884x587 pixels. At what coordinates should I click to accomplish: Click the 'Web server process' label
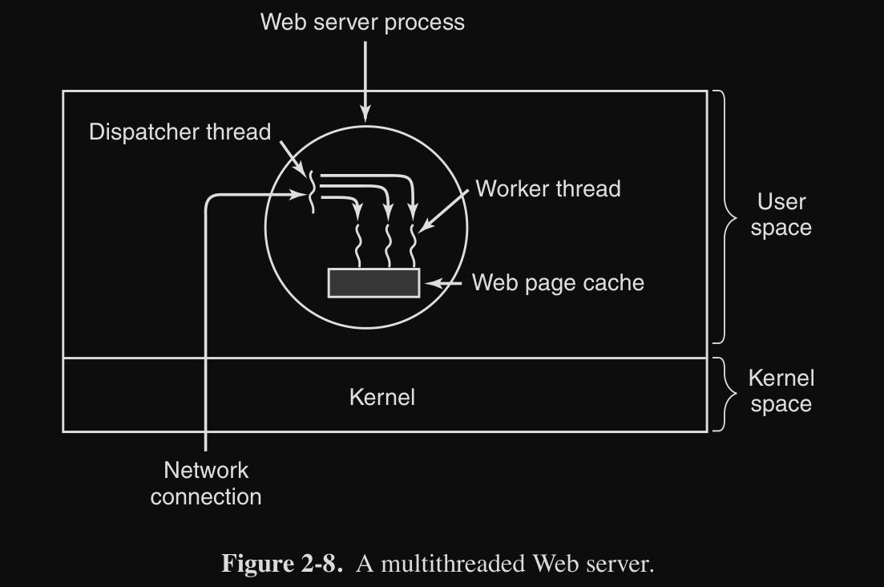point(362,22)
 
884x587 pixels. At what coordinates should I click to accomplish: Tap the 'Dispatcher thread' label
point(180,132)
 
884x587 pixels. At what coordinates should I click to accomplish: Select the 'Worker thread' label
point(548,189)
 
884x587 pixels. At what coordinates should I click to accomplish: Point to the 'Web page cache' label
point(558,282)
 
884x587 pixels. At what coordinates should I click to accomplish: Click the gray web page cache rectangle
point(373,283)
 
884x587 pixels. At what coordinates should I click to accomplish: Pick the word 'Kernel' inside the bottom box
point(382,398)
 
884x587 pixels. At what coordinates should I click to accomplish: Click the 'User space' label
point(781,215)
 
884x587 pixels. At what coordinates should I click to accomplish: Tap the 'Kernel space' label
point(781,391)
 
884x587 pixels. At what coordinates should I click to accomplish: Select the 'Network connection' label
point(206,484)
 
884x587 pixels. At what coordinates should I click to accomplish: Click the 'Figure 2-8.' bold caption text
point(282,563)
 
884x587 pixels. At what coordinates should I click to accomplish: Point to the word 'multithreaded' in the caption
point(453,563)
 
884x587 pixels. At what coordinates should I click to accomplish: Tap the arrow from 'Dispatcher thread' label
point(293,159)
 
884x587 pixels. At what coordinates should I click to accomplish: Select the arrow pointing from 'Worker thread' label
point(443,211)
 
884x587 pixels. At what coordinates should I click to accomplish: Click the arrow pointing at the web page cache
point(444,283)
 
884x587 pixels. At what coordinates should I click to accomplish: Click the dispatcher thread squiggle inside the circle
point(311,192)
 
